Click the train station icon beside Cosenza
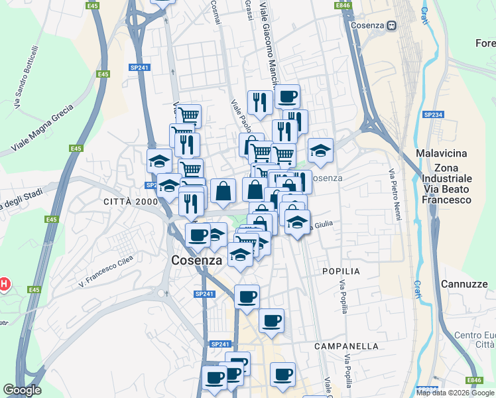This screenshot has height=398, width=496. [392, 25]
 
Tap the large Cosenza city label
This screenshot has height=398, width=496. [197, 261]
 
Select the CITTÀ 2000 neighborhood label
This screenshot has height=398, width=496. [130, 201]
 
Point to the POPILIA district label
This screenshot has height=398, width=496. [341, 271]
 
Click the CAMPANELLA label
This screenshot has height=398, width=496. [346, 346]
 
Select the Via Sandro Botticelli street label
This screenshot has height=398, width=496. [27, 77]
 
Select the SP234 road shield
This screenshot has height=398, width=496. [432, 115]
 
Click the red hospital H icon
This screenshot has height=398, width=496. [4, 285]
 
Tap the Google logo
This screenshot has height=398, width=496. [23, 390]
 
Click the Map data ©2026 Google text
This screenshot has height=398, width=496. [455, 393]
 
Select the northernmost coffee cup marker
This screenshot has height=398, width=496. [287, 97]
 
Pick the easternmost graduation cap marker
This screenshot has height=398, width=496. [320, 150]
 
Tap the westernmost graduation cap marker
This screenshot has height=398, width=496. [159, 161]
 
